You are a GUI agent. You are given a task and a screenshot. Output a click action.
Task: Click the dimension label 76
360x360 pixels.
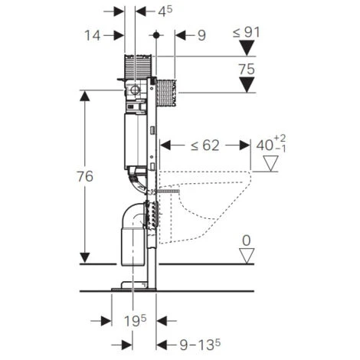tap(85, 176)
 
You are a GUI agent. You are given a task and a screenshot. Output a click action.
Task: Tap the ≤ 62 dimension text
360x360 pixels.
tap(205, 146)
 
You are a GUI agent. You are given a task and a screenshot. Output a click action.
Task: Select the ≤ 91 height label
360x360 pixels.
tap(247, 32)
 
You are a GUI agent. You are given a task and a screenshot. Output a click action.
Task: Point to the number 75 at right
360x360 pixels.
tap(247, 69)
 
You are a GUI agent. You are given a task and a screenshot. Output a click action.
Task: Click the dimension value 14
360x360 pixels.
tap(92, 35)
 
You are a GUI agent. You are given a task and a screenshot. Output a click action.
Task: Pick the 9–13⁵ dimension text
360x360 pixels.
tap(200, 345)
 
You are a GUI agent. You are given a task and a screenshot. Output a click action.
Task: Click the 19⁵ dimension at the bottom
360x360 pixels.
tap(136, 321)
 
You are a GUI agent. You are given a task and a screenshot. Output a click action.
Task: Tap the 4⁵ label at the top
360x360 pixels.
tap(165, 11)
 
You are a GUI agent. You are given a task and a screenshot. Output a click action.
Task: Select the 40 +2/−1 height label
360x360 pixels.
tap(271, 145)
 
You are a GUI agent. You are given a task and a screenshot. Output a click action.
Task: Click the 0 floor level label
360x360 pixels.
tap(247, 241)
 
